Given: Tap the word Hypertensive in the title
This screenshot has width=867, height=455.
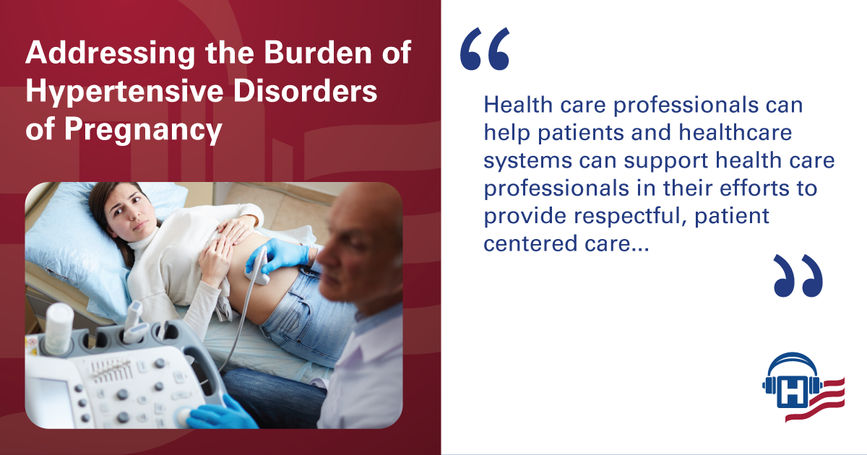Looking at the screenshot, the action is pyautogui.click(x=124, y=93).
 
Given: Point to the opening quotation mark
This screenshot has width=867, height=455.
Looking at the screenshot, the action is pyautogui.click(x=485, y=49).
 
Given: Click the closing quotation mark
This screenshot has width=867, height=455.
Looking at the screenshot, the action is pyautogui.click(x=798, y=275).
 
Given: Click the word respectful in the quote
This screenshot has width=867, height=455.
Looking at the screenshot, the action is pyautogui.click(x=630, y=215).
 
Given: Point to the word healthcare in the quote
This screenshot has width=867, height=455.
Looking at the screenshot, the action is pyautogui.click(x=735, y=132).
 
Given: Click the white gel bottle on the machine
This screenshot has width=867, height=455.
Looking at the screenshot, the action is pyautogui.click(x=59, y=329).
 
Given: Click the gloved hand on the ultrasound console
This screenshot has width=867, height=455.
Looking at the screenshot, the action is pyautogui.click(x=219, y=414).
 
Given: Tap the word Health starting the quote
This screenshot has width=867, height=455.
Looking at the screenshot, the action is pyautogui.click(x=518, y=105).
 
